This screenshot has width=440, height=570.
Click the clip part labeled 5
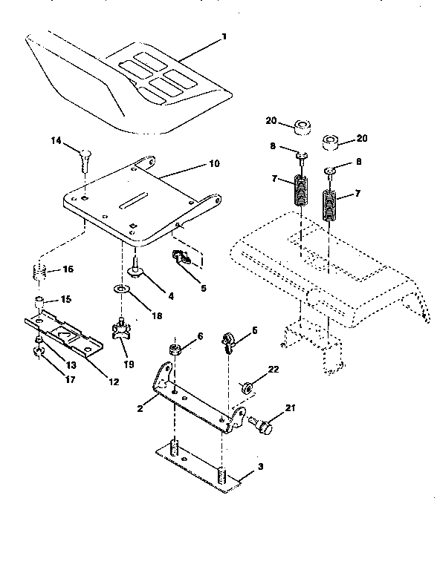coord(181,258)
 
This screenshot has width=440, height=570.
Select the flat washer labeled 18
coord(120,287)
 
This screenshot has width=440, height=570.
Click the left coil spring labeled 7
coord(300,190)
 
